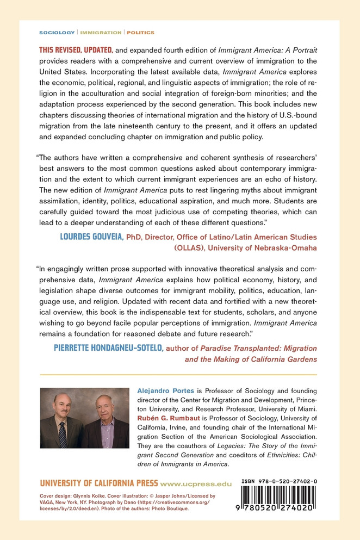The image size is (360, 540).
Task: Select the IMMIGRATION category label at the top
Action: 98,33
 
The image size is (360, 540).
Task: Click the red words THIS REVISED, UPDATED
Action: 74,49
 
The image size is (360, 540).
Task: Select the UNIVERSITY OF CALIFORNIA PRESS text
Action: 100,483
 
